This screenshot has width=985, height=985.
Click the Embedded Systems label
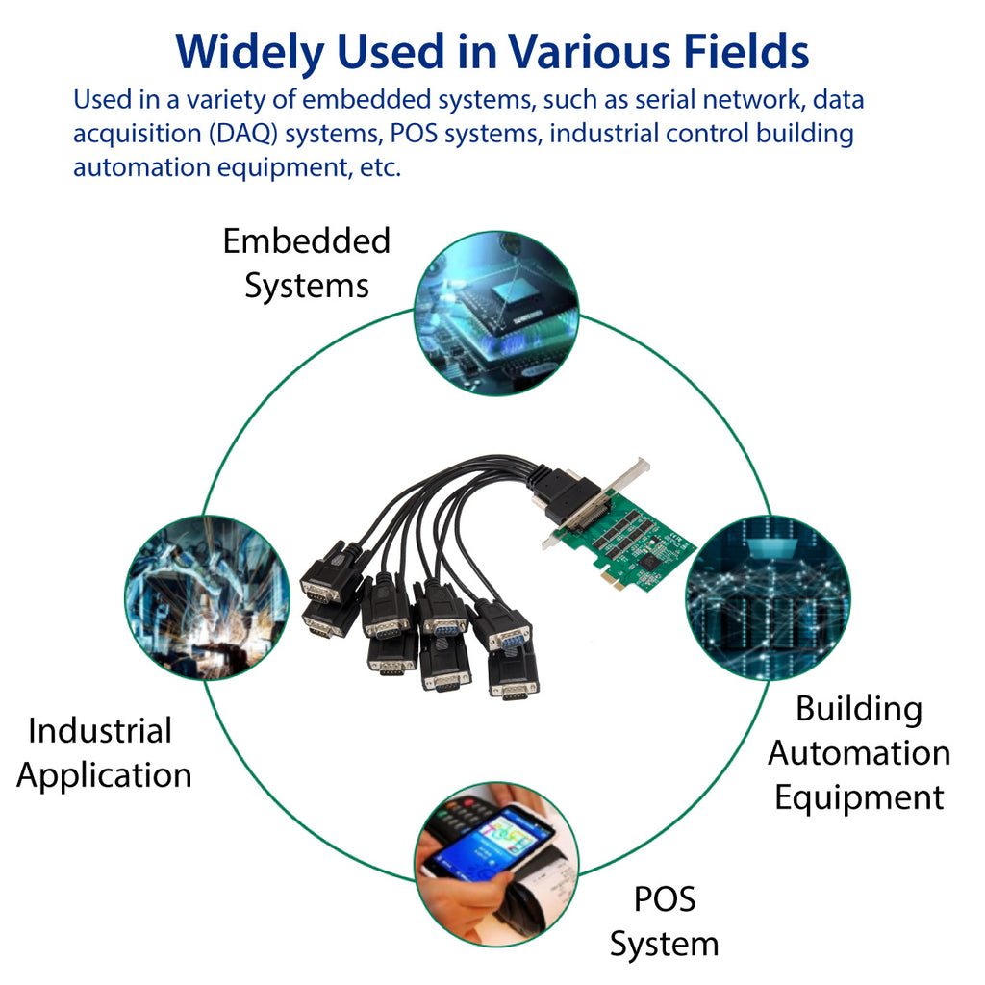point(307,263)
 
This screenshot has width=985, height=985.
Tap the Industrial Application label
point(103,752)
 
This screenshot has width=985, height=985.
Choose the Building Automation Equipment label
point(858,753)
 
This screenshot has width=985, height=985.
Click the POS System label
point(664,922)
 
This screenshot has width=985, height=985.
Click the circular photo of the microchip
point(496,313)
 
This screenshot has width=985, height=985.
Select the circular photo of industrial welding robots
point(207,597)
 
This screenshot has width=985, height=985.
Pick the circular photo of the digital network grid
point(768,597)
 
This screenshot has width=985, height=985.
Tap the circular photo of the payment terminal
point(496,863)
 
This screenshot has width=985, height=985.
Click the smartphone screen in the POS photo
point(491,840)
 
